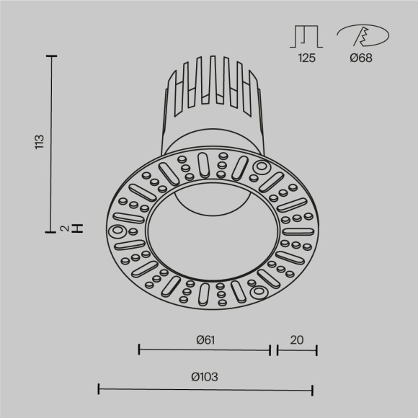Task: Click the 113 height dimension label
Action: click(40, 142)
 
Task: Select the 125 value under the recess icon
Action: click(306, 59)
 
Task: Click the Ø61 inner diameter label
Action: click(205, 338)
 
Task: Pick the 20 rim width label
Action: click(297, 338)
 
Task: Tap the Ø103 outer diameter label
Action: click(205, 377)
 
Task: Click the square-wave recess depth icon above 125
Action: click(306, 36)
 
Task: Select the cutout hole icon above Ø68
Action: click(363, 35)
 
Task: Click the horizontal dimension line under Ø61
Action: click(204, 351)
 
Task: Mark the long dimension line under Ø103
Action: click(205, 390)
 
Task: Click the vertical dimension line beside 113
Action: click(51, 144)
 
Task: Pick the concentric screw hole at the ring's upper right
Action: click(257, 167)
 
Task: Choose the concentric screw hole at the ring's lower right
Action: click(257, 293)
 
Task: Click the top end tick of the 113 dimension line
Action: click(51, 55)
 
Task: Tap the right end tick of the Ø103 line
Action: click(313, 390)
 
